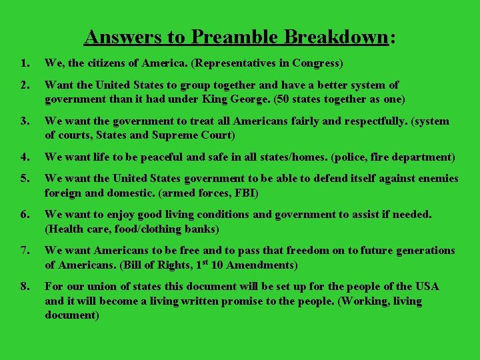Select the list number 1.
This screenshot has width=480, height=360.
25,64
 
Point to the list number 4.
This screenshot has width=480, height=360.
25,158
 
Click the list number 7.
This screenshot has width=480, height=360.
25,251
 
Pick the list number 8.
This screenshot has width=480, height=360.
25,287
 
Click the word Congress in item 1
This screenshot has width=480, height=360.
317,64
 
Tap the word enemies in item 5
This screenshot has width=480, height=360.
436,179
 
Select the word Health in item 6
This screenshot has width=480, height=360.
64,229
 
